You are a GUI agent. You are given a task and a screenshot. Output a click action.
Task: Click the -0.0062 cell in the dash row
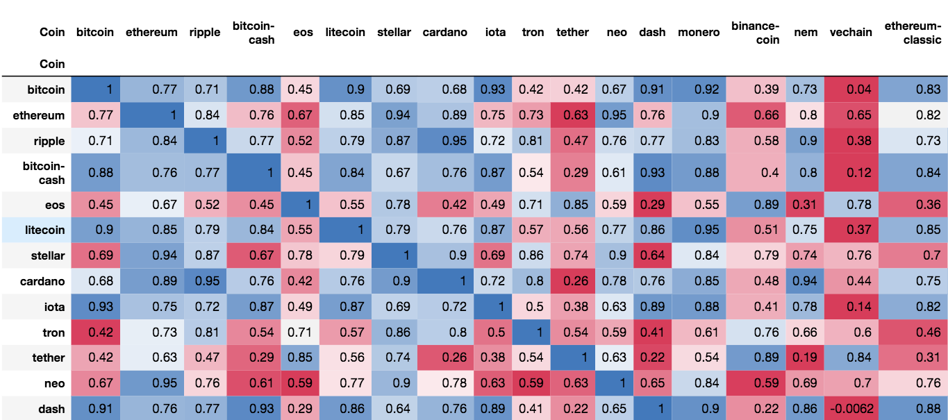(851, 409)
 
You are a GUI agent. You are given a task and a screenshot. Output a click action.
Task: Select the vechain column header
(851, 33)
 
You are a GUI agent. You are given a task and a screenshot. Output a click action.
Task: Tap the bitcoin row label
(46, 90)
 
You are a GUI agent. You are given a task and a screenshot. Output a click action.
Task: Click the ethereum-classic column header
(913, 33)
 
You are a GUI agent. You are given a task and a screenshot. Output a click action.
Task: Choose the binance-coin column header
(755, 33)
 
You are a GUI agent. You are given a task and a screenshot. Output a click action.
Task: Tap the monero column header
(698, 33)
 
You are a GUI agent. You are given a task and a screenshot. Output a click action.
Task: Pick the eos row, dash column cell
(652, 204)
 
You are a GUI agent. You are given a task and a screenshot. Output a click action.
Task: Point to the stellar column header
(394, 33)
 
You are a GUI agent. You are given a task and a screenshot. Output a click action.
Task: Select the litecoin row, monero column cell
(698, 230)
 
